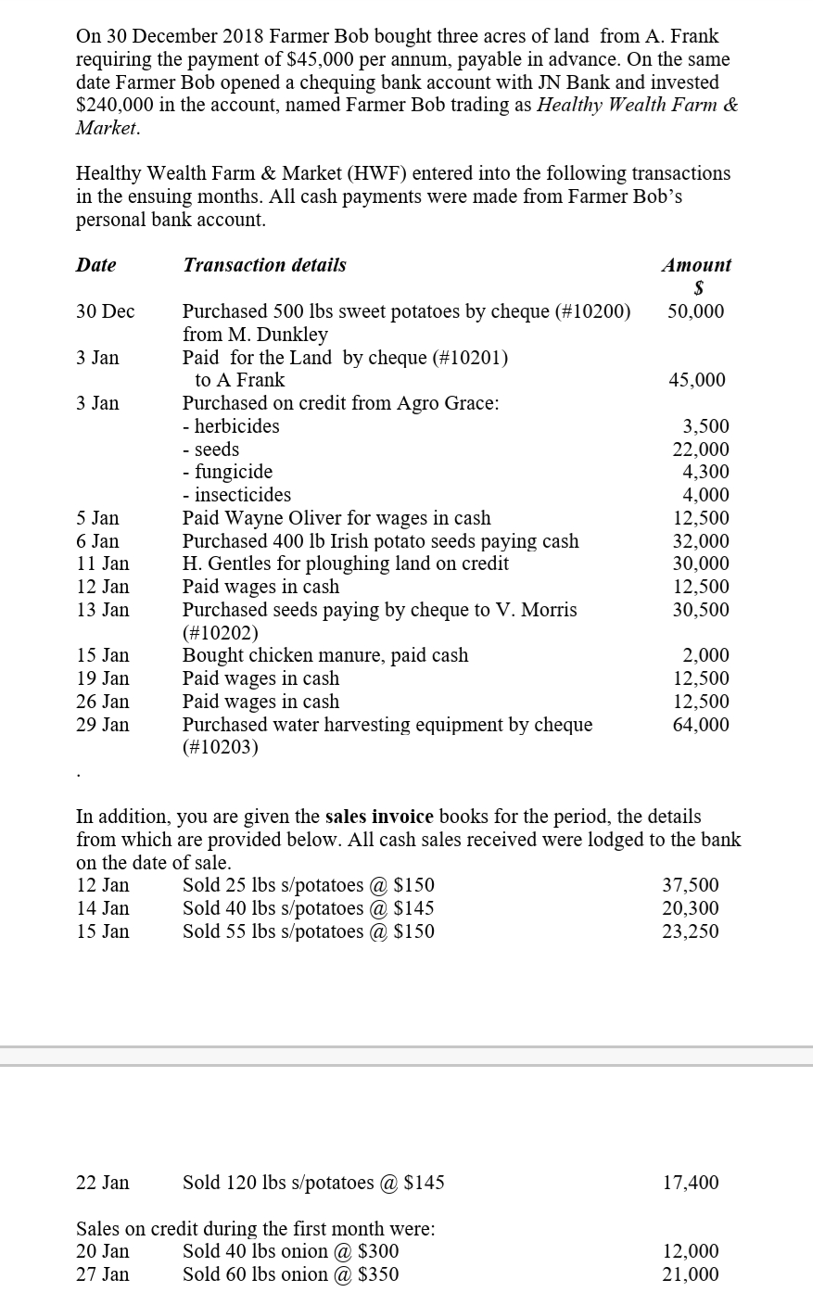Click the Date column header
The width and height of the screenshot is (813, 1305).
coord(95,265)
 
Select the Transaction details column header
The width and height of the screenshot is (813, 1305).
coord(264,265)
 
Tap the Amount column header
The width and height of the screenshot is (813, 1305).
coord(696,265)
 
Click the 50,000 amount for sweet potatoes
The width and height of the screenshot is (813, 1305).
coord(695,311)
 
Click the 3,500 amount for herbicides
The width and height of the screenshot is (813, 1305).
coord(705,426)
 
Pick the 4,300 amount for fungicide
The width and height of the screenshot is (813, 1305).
coord(705,472)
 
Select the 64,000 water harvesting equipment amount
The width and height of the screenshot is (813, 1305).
coord(701,725)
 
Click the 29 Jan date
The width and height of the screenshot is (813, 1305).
coord(102,725)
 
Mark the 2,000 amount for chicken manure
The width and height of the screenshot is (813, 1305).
coord(705,655)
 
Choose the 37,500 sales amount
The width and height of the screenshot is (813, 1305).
coord(690,885)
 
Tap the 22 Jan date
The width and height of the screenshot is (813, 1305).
coord(102,1183)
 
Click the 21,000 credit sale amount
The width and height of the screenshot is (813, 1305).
coord(690,1274)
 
